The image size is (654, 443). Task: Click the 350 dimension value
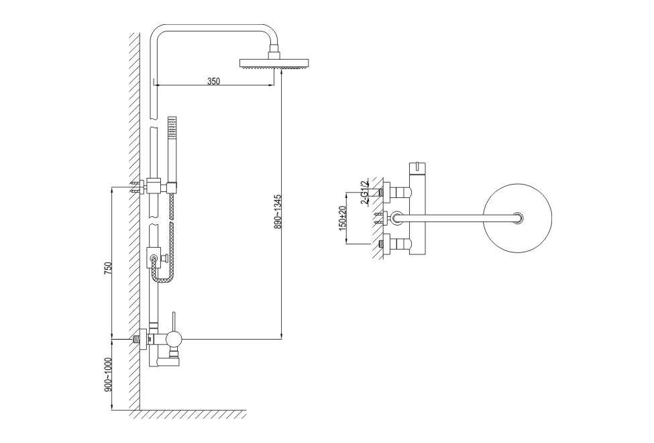coord(213,81)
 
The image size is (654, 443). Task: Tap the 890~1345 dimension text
coord(278,211)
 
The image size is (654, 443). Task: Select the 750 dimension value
coord(108,268)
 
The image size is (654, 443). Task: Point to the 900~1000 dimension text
coord(108,375)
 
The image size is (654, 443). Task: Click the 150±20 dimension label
coord(343,218)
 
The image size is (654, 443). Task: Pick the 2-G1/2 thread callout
coord(364,192)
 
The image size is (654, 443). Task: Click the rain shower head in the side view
coord(274,63)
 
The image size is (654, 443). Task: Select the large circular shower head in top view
coord(517,218)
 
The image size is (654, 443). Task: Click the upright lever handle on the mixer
coord(174,321)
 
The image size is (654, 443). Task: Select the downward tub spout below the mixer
coord(164,360)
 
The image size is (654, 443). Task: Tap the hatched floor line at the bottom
coord(187,414)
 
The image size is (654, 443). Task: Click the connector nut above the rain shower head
coord(274,54)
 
